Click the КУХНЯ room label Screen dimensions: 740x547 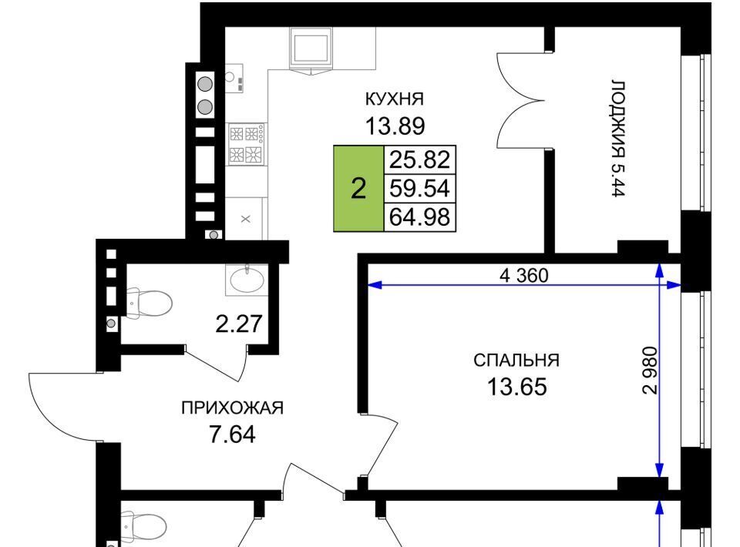395,99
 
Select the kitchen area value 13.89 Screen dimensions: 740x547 395,126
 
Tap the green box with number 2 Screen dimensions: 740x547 358,189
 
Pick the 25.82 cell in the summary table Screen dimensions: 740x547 419,159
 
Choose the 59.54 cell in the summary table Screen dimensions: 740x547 419,189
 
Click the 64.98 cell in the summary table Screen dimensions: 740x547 419,217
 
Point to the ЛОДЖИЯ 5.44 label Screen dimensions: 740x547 618,138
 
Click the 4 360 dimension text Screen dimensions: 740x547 524,275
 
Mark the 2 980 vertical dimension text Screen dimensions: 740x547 650,370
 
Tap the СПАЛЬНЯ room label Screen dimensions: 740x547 516,361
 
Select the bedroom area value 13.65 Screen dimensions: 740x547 516,388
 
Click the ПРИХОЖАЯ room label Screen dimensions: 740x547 232,408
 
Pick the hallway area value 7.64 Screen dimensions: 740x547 232,435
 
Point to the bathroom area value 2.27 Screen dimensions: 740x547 239,324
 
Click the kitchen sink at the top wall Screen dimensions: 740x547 311,49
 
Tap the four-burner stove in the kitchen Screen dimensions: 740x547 247,144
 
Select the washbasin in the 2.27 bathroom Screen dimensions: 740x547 247,280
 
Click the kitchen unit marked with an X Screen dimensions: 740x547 244,218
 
